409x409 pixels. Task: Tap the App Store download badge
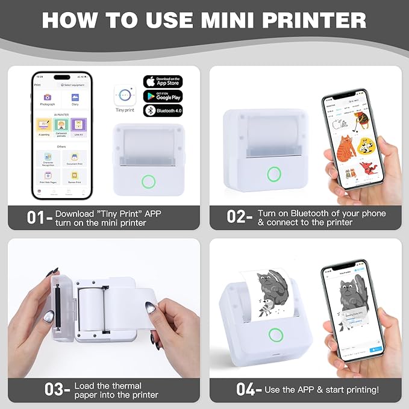[162, 81]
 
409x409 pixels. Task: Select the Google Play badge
[162, 96]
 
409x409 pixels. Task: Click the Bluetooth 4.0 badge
[162, 110]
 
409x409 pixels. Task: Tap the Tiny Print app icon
[125, 95]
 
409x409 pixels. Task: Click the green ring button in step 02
[274, 174]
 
